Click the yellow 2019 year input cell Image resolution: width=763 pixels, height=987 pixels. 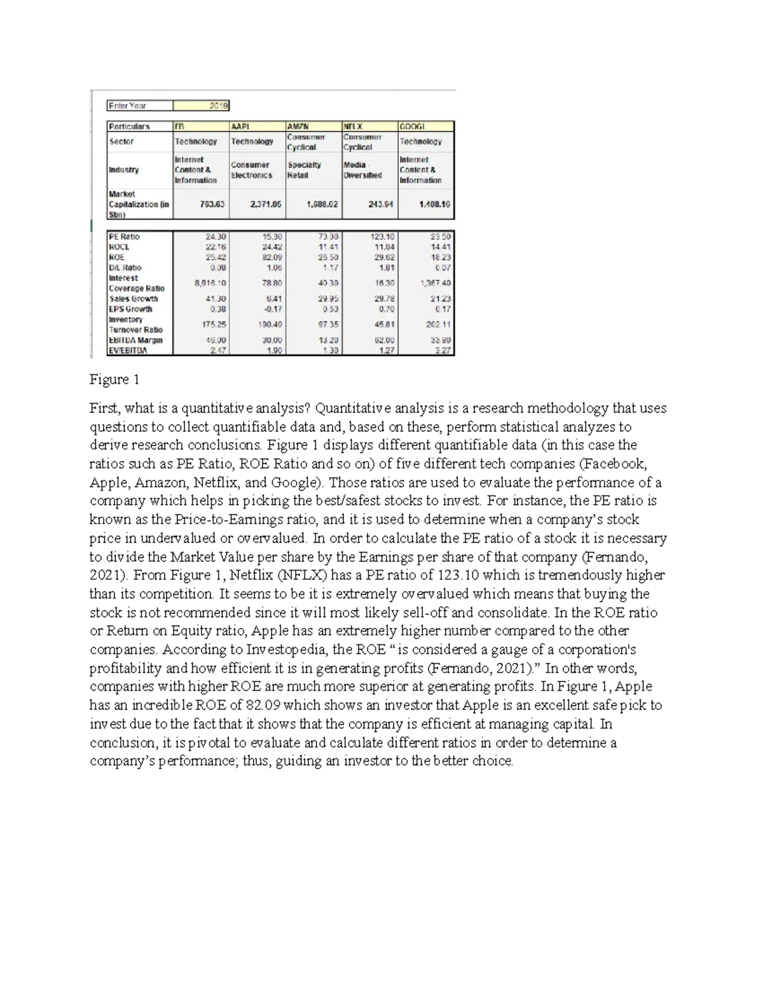[x=201, y=106]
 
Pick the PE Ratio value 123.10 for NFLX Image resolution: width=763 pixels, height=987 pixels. [x=382, y=236]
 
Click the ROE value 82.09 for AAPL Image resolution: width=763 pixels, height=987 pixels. [x=270, y=257]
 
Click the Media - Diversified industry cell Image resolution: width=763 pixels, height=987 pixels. [x=362, y=170]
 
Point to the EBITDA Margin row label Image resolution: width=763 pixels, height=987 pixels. [x=135, y=340]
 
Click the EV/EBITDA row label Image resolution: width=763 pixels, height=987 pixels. [x=128, y=350]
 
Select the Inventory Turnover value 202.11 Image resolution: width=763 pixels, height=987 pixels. [x=439, y=324]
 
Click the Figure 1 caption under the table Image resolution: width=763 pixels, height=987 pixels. [x=114, y=380]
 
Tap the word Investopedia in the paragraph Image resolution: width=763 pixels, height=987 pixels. [x=285, y=650]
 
